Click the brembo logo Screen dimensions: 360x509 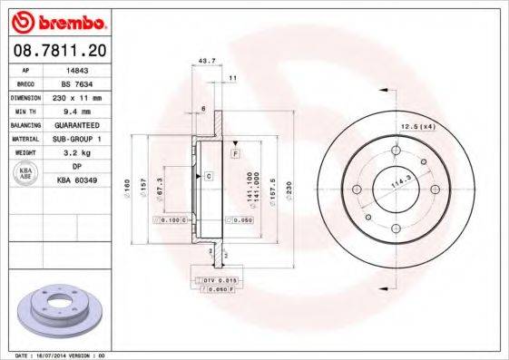click(59, 19)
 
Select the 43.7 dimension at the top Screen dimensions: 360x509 click(206, 62)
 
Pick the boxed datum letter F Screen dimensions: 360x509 click(235, 155)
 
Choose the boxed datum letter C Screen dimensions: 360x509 click(208, 174)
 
